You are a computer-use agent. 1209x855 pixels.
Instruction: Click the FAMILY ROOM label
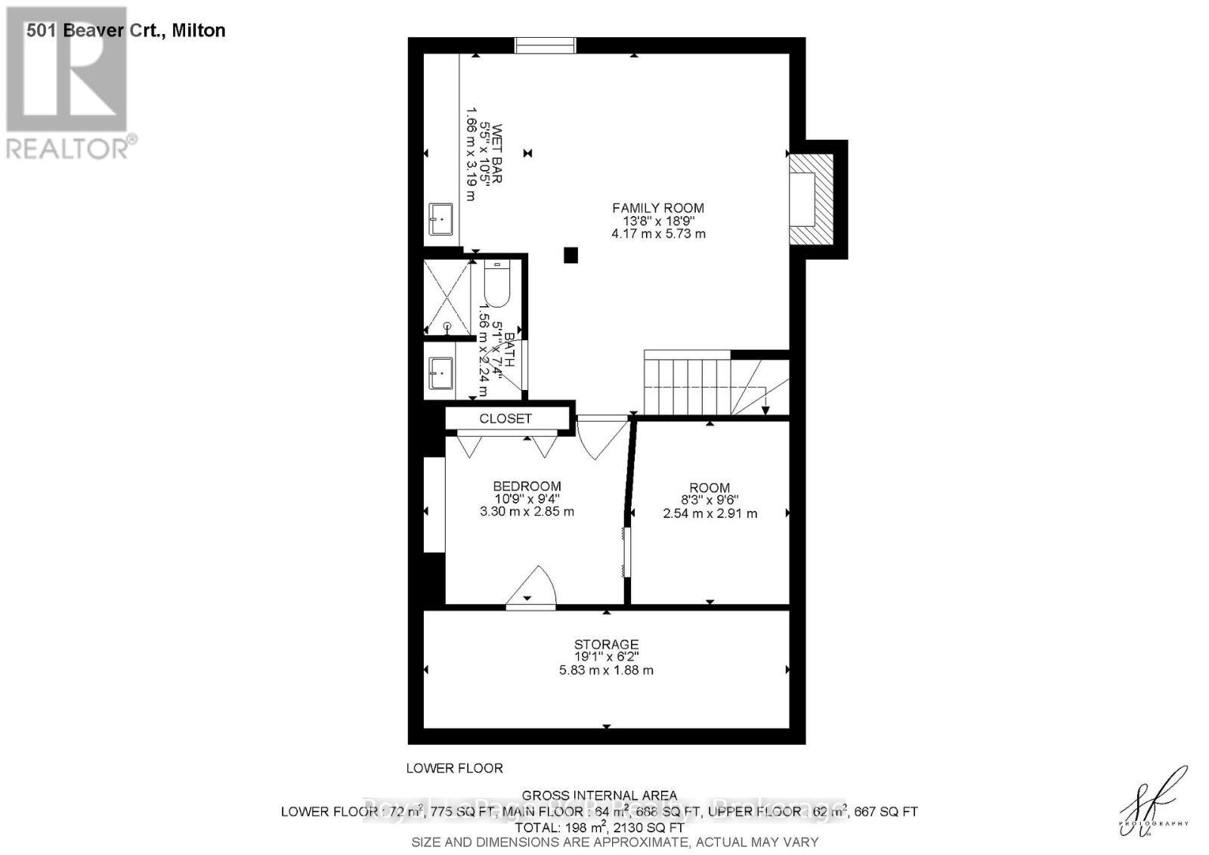click(x=657, y=208)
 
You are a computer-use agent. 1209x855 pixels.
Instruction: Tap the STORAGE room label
click(x=606, y=645)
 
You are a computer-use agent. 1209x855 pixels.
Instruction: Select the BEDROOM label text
click(x=527, y=487)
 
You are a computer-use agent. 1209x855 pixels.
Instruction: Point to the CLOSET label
click(x=506, y=418)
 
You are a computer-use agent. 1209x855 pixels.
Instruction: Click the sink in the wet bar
click(x=441, y=218)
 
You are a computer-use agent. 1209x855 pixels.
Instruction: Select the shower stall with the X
click(x=447, y=296)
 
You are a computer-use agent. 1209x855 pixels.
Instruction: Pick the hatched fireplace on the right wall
click(x=812, y=199)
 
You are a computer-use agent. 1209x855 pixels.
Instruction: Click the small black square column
click(x=570, y=256)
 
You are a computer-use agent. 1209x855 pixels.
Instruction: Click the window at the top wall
click(x=546, y=45)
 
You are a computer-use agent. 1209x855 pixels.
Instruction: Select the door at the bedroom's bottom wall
click(x=530, y=587)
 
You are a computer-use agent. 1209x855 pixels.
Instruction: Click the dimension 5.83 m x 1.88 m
click(x=606, y=671)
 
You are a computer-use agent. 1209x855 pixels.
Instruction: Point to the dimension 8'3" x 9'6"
click(x=710, y=500)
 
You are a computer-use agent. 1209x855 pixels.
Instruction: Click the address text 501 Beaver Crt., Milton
click(x=125, y=30)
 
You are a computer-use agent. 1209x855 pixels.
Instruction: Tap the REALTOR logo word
click(x=68, y=147)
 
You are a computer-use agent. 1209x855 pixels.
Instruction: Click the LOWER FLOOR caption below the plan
click(x=454, y=768)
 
